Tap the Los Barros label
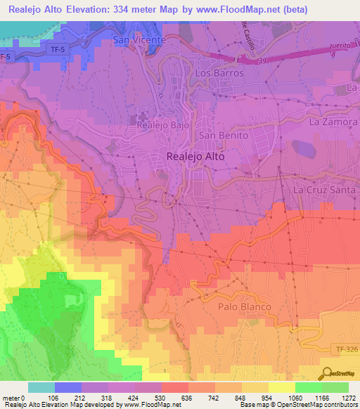click(219, 73)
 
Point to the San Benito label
click(224, 135)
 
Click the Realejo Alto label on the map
click(195, 157)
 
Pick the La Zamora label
click(334, 122)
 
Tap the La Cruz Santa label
click(326, 190)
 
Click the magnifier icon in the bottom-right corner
click(326, 374)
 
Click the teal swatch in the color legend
click(41, 387)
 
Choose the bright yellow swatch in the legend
click(282, 387)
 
